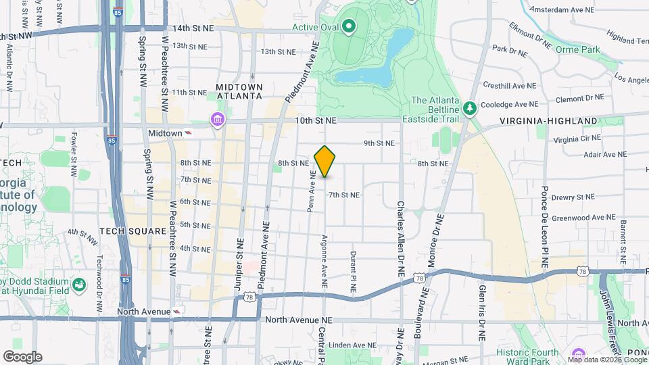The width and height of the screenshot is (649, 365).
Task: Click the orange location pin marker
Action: coord(325,161)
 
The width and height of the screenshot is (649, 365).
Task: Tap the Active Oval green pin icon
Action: coord(349,27)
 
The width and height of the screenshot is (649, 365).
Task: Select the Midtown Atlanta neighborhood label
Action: coord(239,92)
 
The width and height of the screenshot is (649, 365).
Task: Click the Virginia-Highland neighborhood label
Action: coord(548,121)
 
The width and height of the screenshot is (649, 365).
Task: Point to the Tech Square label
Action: coord(133,231)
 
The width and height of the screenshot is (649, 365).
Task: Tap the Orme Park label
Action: coord(577,49)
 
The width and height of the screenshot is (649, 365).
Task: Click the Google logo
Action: coord(22,356)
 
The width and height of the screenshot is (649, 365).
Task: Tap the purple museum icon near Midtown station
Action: coord(218,120)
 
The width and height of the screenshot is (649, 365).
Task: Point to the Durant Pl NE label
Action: coord(353,272)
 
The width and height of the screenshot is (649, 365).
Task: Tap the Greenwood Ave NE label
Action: coord(583,218)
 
